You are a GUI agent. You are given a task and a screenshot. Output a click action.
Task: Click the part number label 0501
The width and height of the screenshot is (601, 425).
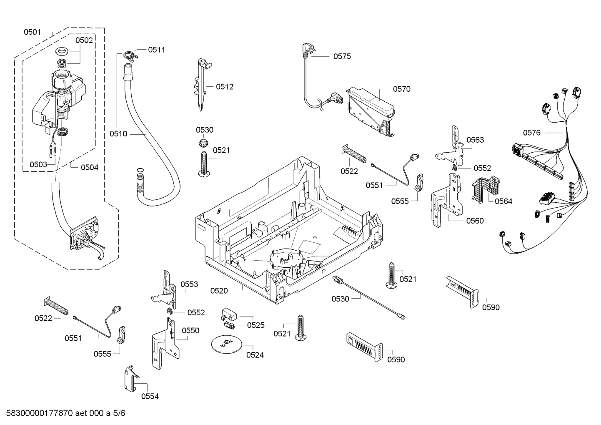pos(32,32)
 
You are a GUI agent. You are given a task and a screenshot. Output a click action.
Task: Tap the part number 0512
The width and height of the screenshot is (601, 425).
pos(225,87)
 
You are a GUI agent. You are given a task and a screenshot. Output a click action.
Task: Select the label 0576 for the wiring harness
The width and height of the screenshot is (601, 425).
pos(532,133)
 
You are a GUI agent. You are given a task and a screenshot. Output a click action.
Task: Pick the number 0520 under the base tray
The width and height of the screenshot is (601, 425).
pos(219,290)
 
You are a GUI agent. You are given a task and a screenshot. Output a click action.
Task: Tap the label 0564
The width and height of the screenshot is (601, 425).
pos(503,201)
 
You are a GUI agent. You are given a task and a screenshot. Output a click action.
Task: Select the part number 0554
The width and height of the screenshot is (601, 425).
pos(150,396)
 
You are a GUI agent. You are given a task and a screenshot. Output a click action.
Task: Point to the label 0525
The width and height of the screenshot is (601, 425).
pos(255,325)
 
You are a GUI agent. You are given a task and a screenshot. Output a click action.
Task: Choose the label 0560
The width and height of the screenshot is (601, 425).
pos(475,221)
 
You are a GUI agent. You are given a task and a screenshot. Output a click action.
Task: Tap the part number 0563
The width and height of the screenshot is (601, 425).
pos(475,140)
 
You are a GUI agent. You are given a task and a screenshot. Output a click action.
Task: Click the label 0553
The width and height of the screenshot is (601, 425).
pos(189,284)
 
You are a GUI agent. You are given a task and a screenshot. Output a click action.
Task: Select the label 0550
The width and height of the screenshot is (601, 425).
pos(190,330)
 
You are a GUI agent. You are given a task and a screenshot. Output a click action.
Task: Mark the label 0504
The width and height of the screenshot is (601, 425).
pos(90,167)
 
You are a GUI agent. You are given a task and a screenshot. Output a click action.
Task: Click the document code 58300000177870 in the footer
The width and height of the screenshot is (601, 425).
pos(37,413)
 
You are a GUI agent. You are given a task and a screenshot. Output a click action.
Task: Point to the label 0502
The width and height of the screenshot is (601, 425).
pos(84,40)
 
